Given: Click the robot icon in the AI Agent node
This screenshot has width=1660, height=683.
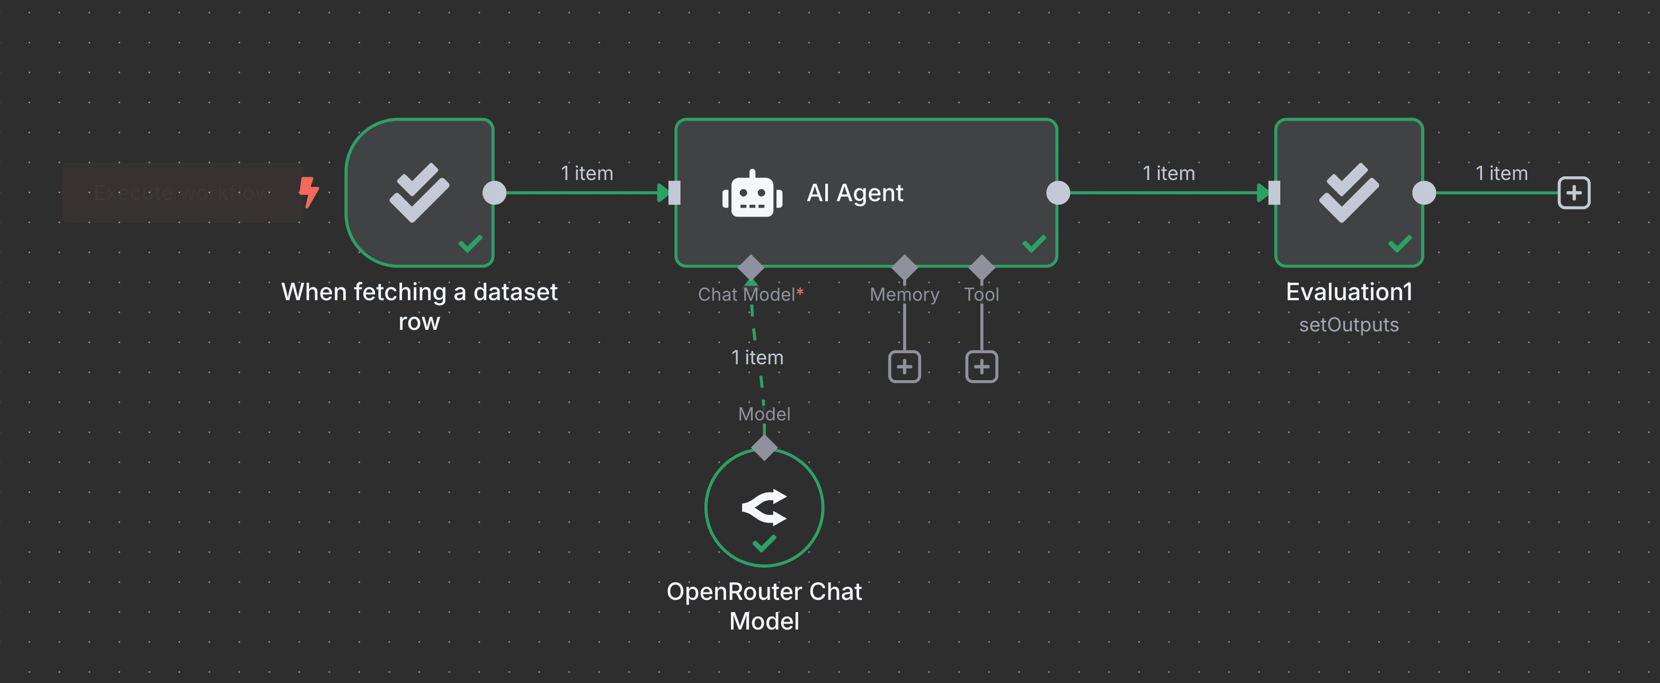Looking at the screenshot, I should [752, 193].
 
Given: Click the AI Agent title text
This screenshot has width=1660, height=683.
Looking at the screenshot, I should [854, 193].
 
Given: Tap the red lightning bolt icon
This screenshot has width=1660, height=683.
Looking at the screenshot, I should [309, 192].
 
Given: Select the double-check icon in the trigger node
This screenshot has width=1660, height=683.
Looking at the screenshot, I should [419, 192].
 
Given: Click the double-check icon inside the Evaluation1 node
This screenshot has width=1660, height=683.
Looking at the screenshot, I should [1348, 192].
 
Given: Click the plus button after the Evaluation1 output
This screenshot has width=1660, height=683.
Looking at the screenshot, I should [1573, 193].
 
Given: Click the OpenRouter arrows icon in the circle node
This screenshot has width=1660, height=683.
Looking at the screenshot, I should [764, 507].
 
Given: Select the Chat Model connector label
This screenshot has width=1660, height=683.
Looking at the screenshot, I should [746, 294].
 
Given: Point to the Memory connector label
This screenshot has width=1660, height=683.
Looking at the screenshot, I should [904, 294].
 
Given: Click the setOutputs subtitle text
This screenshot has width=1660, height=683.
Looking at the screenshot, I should [1348, 325].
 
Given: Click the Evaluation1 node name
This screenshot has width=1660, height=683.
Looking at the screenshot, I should [1348, 292].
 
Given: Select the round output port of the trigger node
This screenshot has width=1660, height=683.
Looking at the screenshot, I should [494, 193].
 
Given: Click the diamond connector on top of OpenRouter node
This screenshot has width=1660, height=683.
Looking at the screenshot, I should [764, 447].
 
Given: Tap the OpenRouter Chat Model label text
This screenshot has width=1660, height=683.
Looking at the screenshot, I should [764, 606].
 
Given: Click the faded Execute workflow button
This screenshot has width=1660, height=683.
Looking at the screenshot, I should [182, 193].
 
